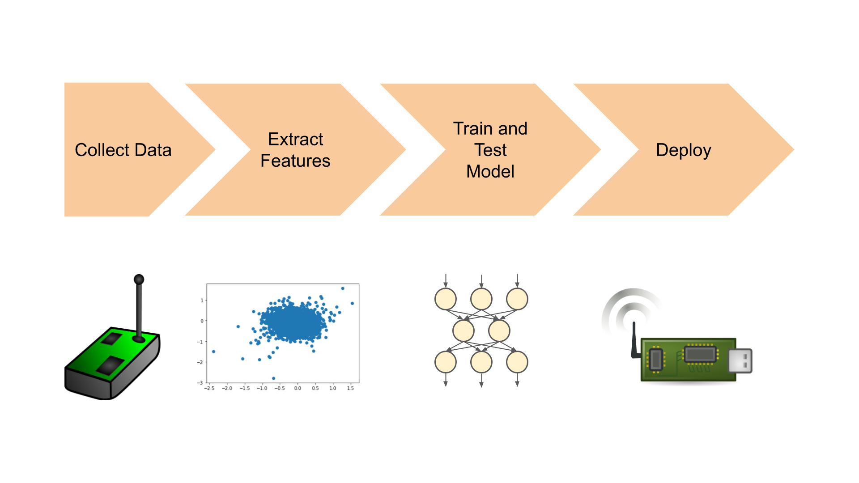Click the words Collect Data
(x=123, y=150)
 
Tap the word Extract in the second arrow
(x=295, y=140)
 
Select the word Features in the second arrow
(x=295, y=161)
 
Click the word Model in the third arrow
(x=490, y=172)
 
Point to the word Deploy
(x=683, y=150)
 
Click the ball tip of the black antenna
(x=139, y=280)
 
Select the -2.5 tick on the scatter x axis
(x=209, y=388)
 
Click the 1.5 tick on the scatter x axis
(x=350, y=388)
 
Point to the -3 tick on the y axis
(x=201, y=383)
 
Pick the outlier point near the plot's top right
(x=343, y=288)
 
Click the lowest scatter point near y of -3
(x=274, y=378)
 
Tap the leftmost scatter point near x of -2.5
(x=213, y=352)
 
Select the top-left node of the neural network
(x=446, y=299)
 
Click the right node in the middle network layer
(x=499, y=331)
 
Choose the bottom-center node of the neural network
(x=481, y=362)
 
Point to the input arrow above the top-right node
(x=517, y=280)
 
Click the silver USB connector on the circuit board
(x=740, y=360)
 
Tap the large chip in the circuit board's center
(x=700, y=355)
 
